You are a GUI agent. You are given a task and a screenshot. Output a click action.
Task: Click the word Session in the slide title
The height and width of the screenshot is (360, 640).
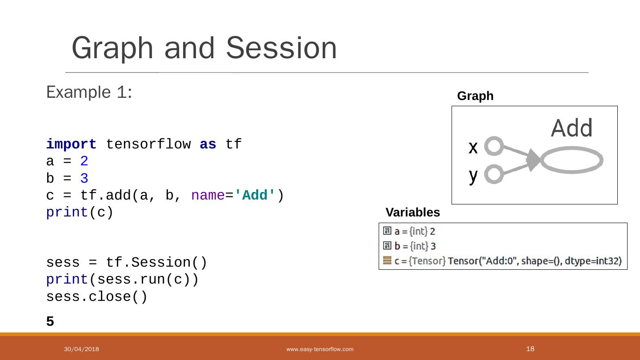(x=281, y=48)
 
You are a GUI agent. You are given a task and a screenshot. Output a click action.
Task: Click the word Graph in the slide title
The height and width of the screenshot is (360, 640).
(x=112, y=48)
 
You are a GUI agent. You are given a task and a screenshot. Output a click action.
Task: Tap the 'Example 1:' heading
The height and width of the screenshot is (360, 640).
(x=89, y=92)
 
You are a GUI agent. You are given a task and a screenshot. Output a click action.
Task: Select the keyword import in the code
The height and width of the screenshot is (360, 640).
(x=71, y=144)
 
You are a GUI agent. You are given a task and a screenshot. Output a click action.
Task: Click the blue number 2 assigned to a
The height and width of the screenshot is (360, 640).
(x=84, y=161)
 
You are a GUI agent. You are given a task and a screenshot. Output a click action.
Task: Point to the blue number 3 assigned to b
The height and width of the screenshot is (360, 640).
(x=84, y=179)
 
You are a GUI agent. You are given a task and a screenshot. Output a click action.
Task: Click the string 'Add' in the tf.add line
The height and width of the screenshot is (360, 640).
(x=255, y=196)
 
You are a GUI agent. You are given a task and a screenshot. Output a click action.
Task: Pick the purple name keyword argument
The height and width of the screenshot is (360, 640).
(x=208, y=196)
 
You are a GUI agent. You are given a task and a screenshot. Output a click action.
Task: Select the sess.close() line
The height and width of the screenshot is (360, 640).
(x=96, y=296)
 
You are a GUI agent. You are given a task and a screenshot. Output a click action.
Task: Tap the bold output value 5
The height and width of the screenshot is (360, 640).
(x=50, y=321)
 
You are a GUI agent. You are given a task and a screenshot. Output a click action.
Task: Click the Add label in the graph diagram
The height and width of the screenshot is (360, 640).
(x=572, y=128)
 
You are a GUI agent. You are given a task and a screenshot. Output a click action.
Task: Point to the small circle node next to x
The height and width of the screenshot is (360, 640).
(x=494, y=146)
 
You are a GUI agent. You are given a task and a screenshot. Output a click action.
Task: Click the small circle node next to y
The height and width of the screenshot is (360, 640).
(x=494, y=174)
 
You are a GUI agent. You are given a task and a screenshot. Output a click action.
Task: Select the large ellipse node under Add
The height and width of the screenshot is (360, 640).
(x=572, y=160)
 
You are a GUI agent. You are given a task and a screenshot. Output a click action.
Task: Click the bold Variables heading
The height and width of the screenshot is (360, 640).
(x=412, y=212)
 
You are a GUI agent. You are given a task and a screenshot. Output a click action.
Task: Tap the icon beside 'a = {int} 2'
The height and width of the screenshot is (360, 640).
(x=387, y=231)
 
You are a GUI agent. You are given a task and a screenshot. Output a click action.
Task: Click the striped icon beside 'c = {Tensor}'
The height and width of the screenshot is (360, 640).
(x=387, y=260)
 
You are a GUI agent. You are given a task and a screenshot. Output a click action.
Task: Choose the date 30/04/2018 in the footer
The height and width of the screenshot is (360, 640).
(x=81, y=349)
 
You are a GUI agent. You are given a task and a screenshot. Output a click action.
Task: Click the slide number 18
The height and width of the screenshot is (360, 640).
(x=530, y=349)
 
